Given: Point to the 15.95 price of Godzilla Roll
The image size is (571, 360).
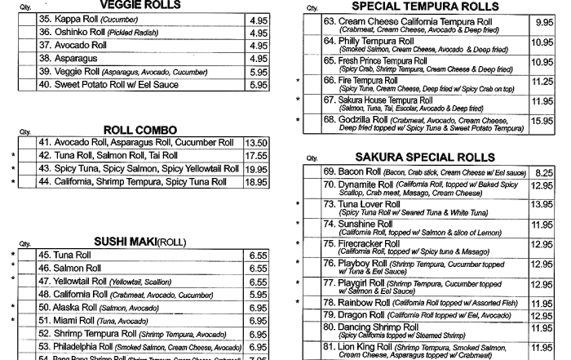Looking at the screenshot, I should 542,121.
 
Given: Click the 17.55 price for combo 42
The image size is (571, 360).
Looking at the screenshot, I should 256,155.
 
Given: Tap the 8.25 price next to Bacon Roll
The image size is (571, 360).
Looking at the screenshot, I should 543,172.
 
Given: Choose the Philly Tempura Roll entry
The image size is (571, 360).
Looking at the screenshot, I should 358,40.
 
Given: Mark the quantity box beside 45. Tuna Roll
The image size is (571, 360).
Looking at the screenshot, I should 27,255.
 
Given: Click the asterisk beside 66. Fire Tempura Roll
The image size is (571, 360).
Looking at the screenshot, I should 298,81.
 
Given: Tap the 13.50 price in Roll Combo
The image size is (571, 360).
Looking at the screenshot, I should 256,142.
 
